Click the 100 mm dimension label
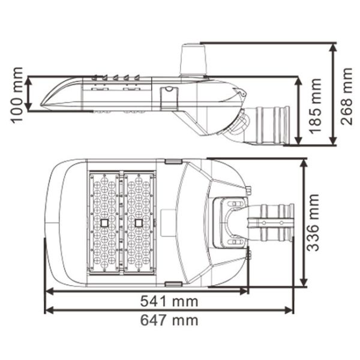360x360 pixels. coord(17,95)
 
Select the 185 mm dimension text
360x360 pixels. coord(315,106)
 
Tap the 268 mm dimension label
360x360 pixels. coord(346,96)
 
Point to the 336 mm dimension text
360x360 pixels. coord(313,223)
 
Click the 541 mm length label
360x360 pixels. coord(169,301)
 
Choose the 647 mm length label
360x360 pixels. coord(169,320)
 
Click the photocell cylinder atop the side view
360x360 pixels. coord(193,59)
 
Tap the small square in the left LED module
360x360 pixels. coord(104,223)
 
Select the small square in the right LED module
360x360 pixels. coord(139,223)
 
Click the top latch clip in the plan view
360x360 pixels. coord(173,161)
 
